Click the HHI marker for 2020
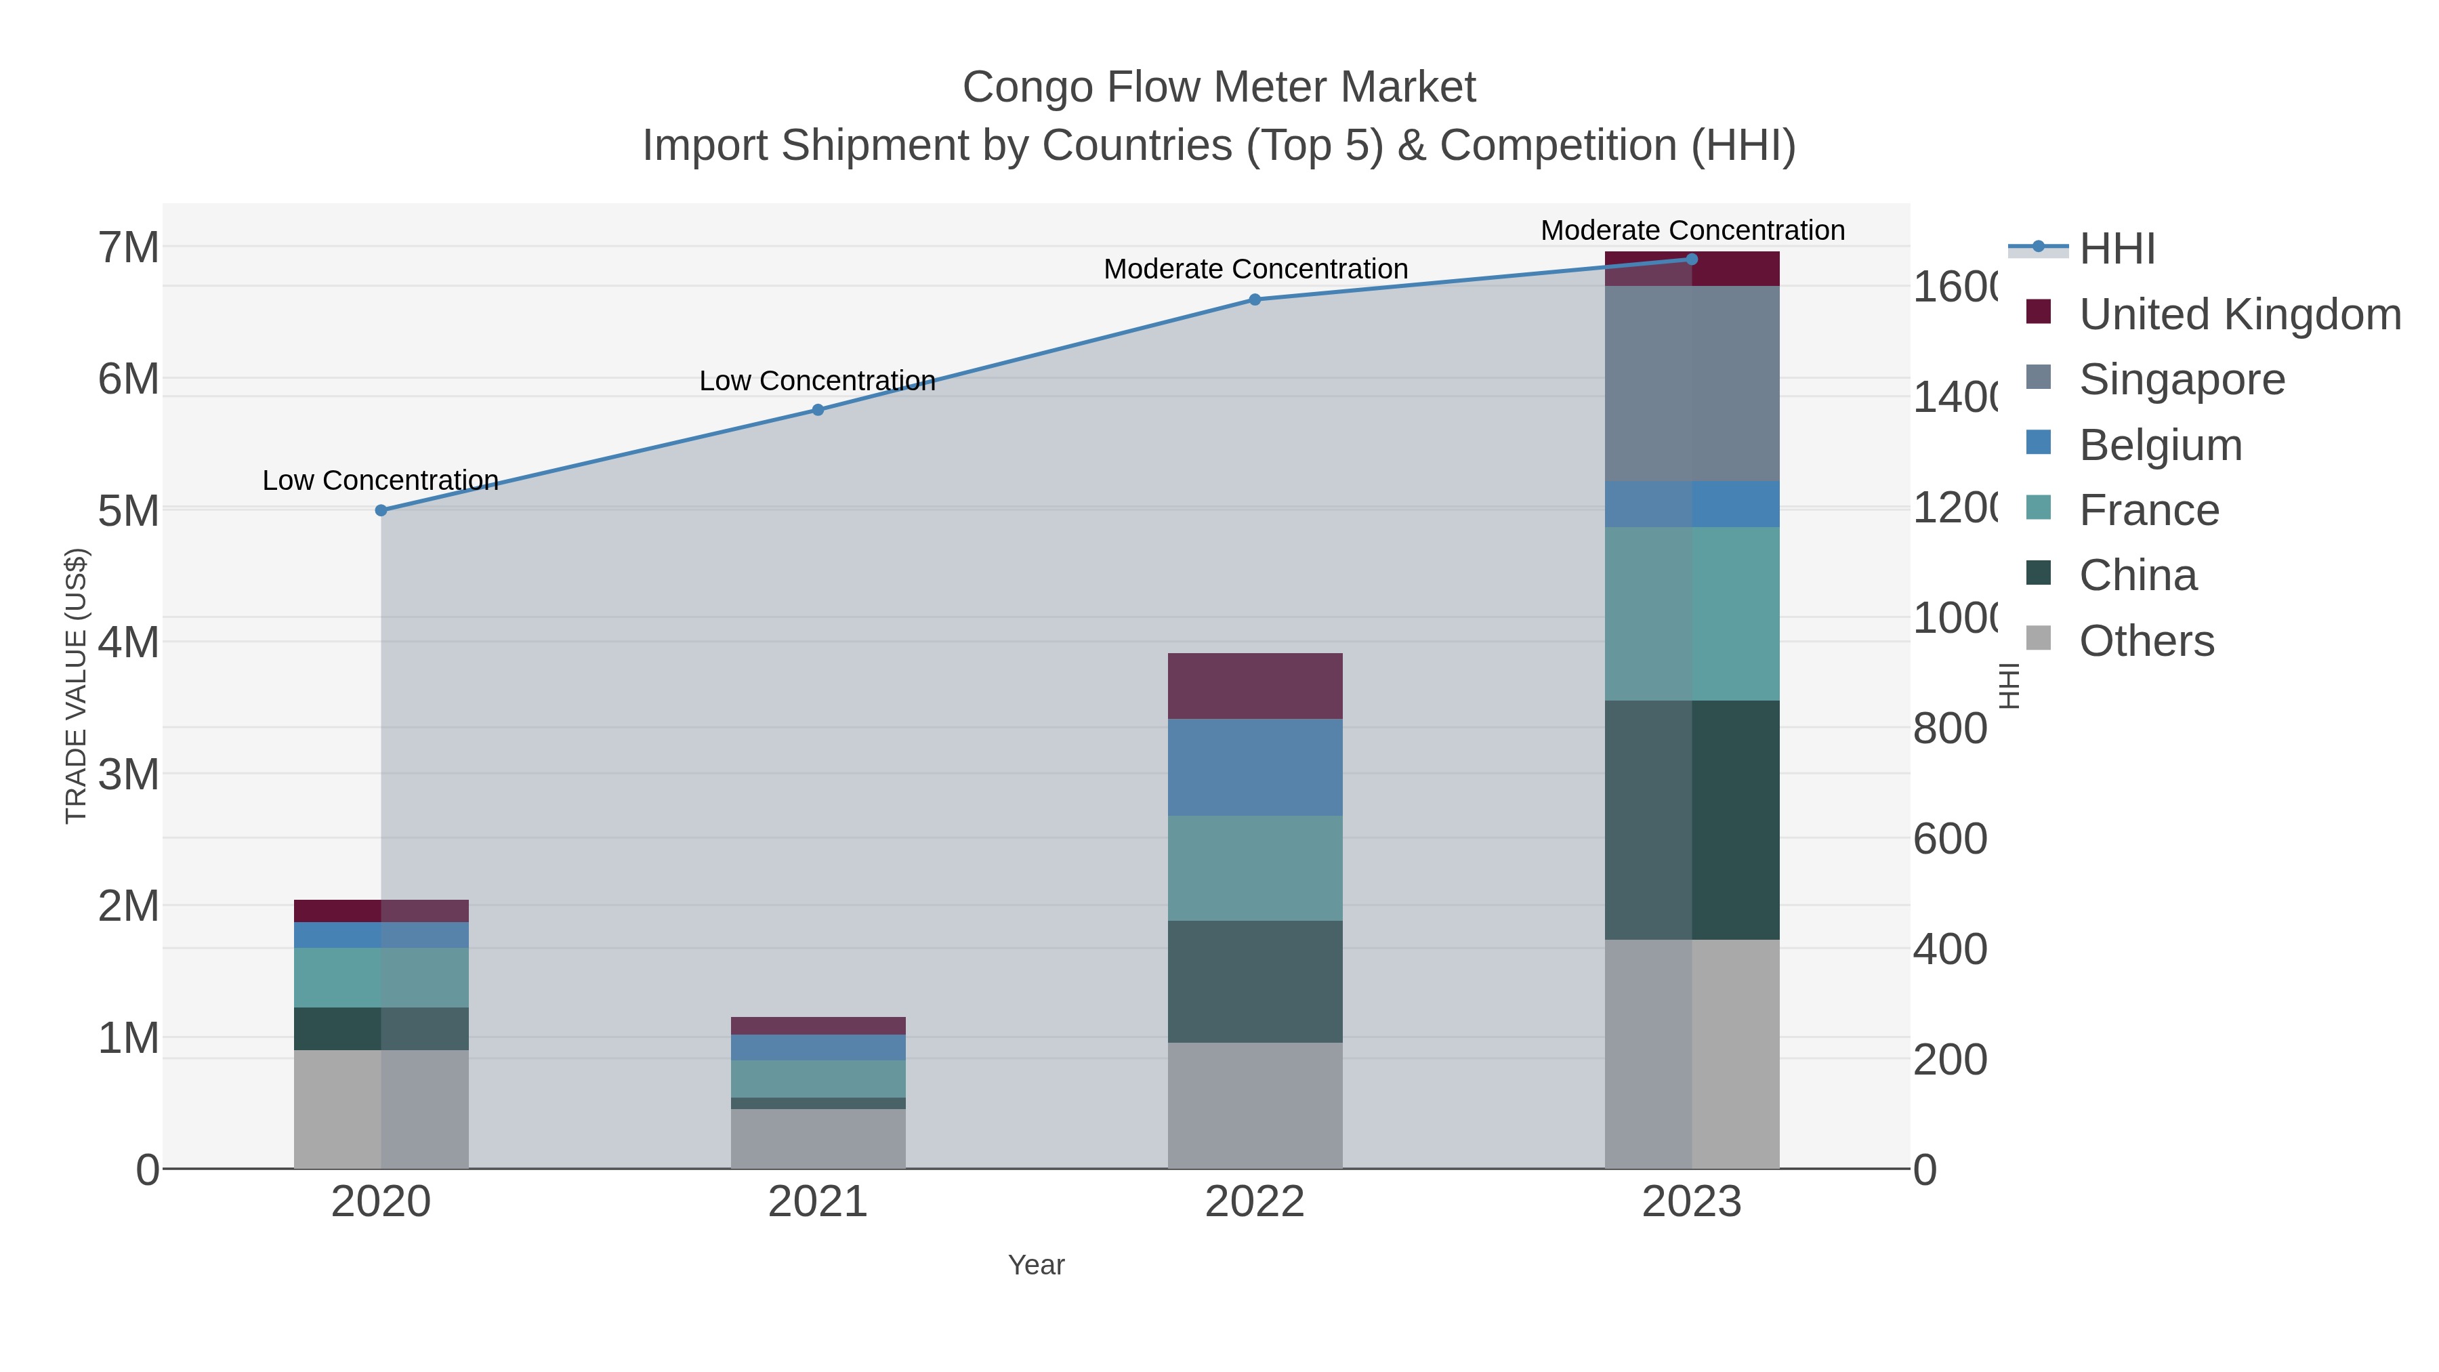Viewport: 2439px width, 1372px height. click(x=381, y=510)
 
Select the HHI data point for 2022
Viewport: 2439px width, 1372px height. click(x=1255, y=299)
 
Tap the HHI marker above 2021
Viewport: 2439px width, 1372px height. click(x=818, y=410)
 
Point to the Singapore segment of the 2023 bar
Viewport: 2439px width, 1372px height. click(x=1692, y=383)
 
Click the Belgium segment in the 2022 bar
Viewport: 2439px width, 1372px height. click(x=1255, y=767)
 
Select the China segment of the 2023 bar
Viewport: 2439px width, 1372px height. click(x=1692, y=820)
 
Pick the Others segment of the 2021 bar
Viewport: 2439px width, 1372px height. click(x=818, y=1138)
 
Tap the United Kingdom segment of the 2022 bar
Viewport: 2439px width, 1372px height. click(x=1255, y=686)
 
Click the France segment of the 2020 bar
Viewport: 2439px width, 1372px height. click(x=381, y=977)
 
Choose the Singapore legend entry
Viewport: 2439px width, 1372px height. click(x=2182, y=379)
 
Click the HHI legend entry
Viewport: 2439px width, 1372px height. click(x=2117, y=249)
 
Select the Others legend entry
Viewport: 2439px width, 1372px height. click(x=2146, y=641)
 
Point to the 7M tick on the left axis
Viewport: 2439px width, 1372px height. click(x=129, y=248)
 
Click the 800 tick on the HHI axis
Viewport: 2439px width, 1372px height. click(x=1949, y=729)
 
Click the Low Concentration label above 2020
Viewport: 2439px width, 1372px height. click(x=381, y=480)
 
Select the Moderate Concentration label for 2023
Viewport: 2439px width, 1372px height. click(x=1692, y=230)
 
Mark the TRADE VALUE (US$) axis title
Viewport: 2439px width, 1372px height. click(x=76, y=686)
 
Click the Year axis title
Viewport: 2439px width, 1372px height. click(x=1036, y=1265)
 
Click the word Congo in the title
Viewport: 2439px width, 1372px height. click(x=1027, y=87)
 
